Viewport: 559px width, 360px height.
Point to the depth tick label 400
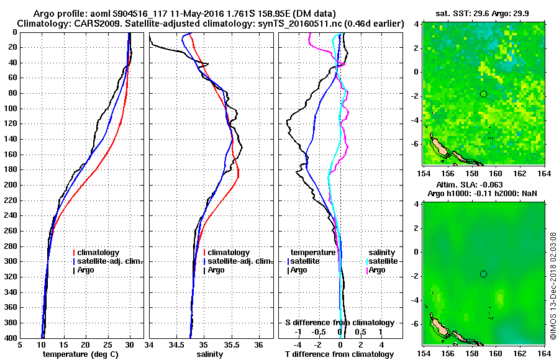[10, 338]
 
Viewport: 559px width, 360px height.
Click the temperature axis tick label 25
[107, 345]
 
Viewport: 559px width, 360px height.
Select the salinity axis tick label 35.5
[232, 345]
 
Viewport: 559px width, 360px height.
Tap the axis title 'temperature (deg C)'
[81, 354]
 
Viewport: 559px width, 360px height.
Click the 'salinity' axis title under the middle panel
[211, 354]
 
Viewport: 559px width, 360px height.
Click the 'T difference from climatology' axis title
[339, 354]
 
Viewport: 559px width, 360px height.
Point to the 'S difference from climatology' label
[339, 323]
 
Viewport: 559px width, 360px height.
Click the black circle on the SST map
[484, 94]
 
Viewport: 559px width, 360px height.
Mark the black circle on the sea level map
[484, 274]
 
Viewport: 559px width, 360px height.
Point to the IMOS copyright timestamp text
[552, 286]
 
